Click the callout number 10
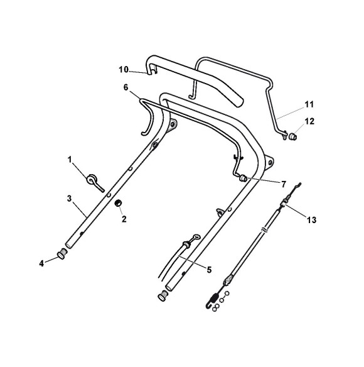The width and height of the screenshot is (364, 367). [x=124, y=70]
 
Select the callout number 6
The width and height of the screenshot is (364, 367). [x=126, y=87]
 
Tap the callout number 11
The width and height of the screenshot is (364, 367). [x=309, y=104]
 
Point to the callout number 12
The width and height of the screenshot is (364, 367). [x=309, y=121]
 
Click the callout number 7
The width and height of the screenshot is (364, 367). [x=283, y=184]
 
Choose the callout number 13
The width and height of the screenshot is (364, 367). [x=311, y=220]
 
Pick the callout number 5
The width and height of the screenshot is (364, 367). [x=209, y=270]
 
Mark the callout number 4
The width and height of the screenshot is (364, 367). [x=41, y=263]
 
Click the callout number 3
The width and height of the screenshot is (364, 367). [x=69, y=199]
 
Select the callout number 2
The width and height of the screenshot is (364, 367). [x=124, y=219]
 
